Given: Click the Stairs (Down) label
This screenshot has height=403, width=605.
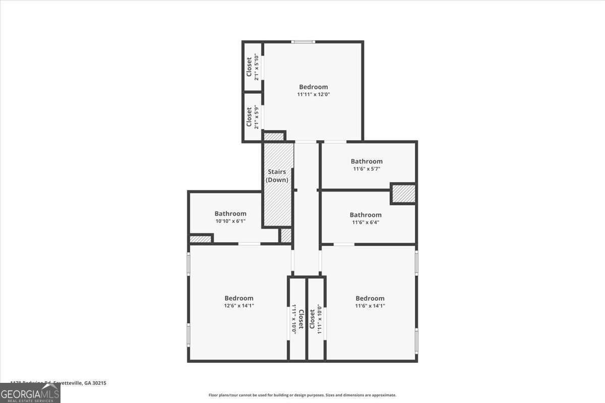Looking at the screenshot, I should pos(277,176).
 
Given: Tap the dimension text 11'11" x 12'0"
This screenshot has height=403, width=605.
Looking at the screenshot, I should pos(313,94).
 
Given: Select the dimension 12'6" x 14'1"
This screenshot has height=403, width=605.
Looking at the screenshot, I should pos(239,305).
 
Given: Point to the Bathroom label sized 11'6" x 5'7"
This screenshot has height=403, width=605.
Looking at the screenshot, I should pos(367,161).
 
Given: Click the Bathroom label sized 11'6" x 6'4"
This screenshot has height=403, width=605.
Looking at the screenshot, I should pos(366,215).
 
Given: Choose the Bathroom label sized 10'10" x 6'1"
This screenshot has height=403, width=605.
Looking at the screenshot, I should pos(230,214).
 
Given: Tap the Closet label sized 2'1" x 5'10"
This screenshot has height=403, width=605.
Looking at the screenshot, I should pos(249,67).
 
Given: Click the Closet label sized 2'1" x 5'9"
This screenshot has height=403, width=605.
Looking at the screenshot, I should pos(249,117).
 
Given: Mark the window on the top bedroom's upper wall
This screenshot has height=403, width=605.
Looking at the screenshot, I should pos(304,42).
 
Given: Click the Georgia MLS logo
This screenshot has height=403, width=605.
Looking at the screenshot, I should pos(30,393).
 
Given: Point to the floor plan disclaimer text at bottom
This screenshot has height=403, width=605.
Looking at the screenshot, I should pos(302,395).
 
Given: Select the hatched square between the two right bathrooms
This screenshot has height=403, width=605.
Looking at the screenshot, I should pos(403,193).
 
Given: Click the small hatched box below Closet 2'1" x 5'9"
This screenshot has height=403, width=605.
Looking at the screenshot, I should pos(274,137).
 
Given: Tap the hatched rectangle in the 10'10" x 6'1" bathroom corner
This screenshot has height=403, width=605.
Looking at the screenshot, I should pos(200,239).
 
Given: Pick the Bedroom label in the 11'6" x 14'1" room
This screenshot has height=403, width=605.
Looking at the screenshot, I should pos(370,298).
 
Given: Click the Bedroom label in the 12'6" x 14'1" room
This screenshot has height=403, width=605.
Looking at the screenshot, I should pos(239,298).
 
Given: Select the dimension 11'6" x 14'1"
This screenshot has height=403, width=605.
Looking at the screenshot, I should pos(370,305).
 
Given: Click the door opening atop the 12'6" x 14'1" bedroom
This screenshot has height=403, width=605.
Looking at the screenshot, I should pos(249,244).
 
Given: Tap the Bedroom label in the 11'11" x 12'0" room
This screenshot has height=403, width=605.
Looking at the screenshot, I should pos(313,87).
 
